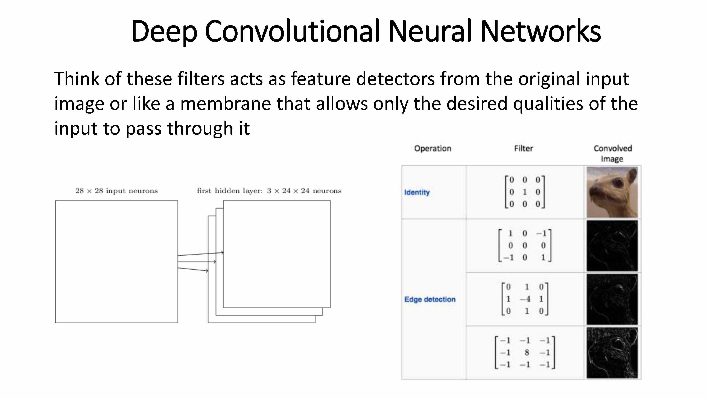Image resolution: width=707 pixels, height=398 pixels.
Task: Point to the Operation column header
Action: pos(433,149)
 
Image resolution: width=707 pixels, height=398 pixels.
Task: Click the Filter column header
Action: pos(523,149)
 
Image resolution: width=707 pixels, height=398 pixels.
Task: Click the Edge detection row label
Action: pos(430,299)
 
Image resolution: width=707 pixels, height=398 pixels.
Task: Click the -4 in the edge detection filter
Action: pos(525,299)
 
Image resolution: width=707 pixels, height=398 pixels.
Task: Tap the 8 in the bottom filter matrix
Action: pos(527,352)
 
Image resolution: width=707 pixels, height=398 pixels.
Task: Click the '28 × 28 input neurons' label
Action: pos(117,191)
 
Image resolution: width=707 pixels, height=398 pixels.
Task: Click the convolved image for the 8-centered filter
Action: pos(612,353)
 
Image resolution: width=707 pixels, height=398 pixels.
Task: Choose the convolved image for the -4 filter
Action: pos(612,299)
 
